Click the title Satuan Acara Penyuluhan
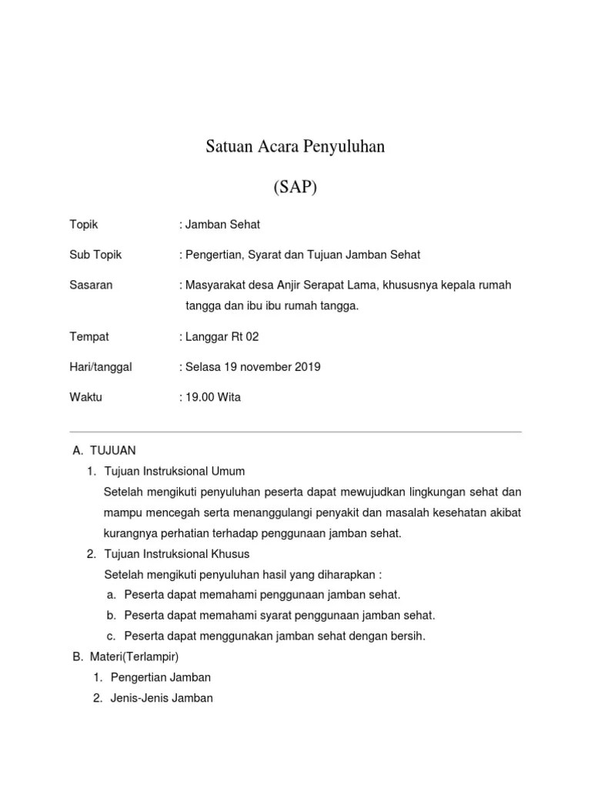point(295,146)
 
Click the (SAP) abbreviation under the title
point(295,187)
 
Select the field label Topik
point(84,225)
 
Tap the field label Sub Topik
point(95,255)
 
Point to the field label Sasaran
point(91,285)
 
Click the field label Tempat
point(89,337)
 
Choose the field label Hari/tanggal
point(101,367)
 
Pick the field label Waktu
point(85,397)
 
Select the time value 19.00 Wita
point(212,397)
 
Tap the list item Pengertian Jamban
point(160,677)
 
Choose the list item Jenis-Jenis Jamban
point(162,698)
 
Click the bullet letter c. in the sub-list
point(112,636)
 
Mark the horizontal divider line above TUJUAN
point(295,432)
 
